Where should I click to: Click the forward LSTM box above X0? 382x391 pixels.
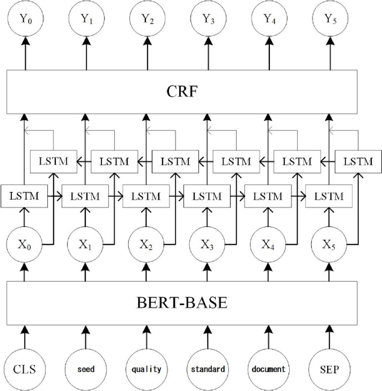tap(24, 197)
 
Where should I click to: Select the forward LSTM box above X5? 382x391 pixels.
tap(328, 197)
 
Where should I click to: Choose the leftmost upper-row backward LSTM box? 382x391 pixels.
tap(54, 162)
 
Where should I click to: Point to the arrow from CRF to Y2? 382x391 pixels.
tap(146, 54)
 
